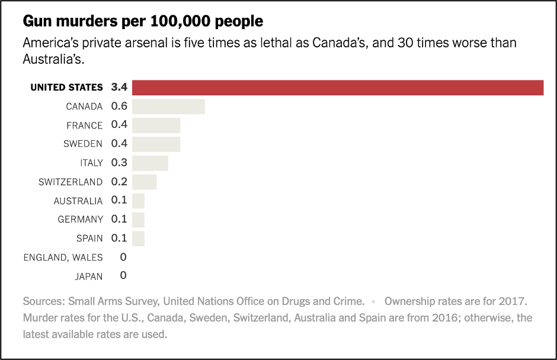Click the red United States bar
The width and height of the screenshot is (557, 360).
click(338, 88)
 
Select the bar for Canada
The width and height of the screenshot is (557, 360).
click(168, 107)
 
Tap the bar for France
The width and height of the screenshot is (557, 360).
click(156, 126)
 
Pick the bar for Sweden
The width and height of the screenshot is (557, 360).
click(156, 144)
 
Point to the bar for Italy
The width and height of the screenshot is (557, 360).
click(150, 163)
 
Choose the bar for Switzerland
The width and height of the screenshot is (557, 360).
click(144, 182)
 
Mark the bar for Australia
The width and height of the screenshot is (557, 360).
click(138, 201)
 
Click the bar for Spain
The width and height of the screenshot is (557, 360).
click(138, 238)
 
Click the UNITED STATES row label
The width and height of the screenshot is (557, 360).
click(66, 88)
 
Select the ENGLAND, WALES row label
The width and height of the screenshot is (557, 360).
click(63, 257)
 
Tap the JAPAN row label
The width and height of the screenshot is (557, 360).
click(88, 276)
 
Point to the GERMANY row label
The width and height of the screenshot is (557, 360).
click(80, 220)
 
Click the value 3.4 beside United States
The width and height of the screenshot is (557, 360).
click(119, 88)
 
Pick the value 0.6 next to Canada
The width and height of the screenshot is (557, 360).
click(119, 107)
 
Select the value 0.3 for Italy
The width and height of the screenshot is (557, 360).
click(119, 163)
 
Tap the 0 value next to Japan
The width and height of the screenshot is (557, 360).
click(123, 276)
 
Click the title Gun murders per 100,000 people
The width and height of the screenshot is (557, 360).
click(143, 22)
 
